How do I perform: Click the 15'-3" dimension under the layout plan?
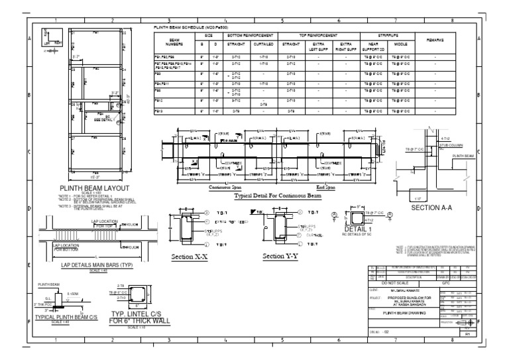coord(80,177)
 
